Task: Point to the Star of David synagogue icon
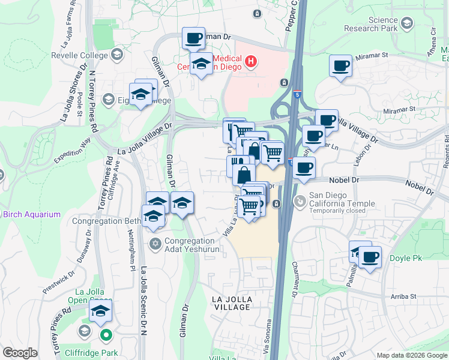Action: click(154, 243)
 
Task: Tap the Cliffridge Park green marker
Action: click(106, 335)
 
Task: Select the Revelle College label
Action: click(83, 55)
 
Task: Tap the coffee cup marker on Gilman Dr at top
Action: click(193, 39)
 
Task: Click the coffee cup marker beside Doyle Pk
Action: click(370, 257)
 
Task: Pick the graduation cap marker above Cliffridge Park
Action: click(101, 311)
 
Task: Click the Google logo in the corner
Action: click(20, 353)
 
